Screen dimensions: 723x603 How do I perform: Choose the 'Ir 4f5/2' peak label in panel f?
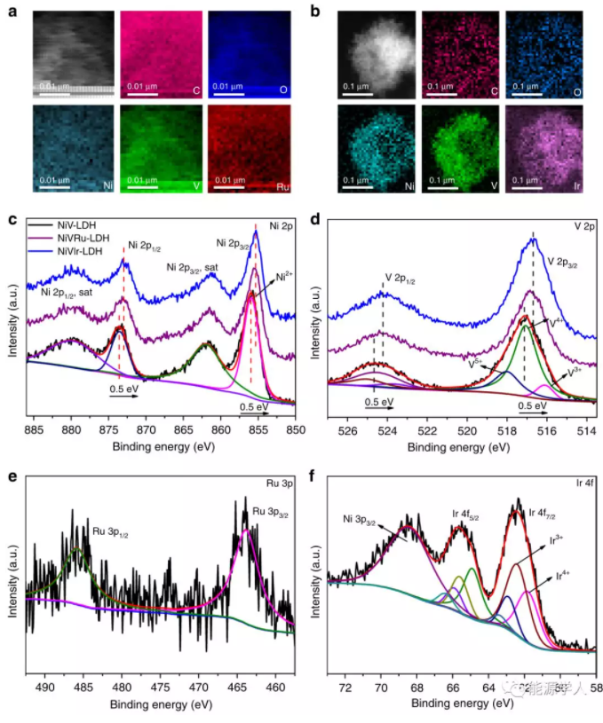coord(462,514)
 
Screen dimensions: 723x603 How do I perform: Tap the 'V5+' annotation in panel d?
coord(476,362)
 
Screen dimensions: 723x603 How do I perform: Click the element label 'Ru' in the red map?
coord(281,188)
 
